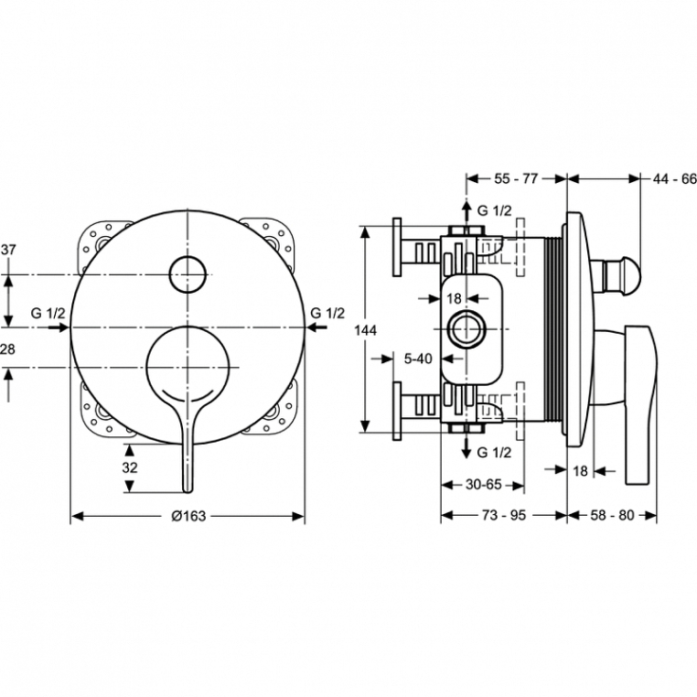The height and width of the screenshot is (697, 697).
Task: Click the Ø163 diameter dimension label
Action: pyautogui.click(x=188, y=515)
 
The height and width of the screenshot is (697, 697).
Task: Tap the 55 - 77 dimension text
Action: pyautogui.click(x=516, y=178)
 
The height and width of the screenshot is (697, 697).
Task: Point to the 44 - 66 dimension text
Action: pyautogui.click(x=675, y=178)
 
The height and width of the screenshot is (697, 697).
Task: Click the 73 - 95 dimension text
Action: pyautogui.click(x=504, y=515)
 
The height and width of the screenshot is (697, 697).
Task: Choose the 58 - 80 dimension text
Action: pyautogui.click(x=612, y=515)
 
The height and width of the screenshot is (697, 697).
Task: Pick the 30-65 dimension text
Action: pyautogui.click(x=482, y=486)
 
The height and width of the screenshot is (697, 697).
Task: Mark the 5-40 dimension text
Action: pyautogui.click(x=418, y=359)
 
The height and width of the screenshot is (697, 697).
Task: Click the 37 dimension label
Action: pyautogui.click(x=8, y=249)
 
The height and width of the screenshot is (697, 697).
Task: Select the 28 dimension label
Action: pyautogui.click(x=8, y=349)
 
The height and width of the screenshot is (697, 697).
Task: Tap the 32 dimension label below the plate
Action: pyautogui.click(x=129, y=466)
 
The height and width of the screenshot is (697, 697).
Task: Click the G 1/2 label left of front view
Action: pyautogui.click(x=48, y=313)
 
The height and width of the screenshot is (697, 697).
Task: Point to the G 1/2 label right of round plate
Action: pyautogui.click(x=327, y=313)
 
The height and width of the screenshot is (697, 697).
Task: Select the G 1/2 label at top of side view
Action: pyautogui.click(x=494, y=209)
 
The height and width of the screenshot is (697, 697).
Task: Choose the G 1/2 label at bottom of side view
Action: pyautogui.click(x=494, y=453)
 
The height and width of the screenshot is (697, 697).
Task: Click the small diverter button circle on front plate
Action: pyautogui.click(x=188, y=273)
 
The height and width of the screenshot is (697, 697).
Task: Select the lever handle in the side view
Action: pyautogui.click(x=638, y=402)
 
